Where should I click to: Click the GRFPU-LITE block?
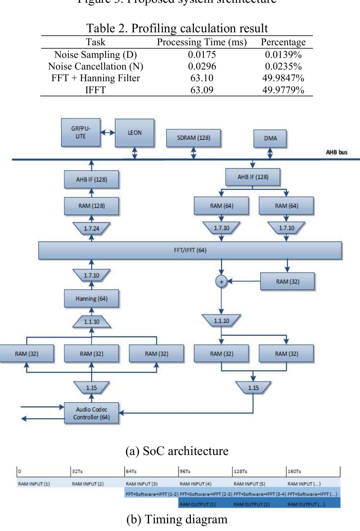[x=81, y=133]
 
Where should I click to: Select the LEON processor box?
[x=134, y=133]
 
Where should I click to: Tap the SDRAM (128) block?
[x=193, y=138]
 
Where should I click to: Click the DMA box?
[x=270, y=138]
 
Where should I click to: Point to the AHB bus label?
[x=337, y=152]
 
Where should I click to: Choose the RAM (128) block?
[x=91, y=206]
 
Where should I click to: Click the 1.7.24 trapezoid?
[x=91, y=228]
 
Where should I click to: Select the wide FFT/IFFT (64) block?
[x=190, y=250]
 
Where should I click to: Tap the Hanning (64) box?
[x=91, y=298]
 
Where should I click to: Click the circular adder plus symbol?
[x=221, y=281]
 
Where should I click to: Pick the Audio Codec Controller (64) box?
[x=91, y=413]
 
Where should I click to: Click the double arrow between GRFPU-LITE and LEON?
[x=108, y=133]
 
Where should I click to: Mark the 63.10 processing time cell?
[x=202, y=78]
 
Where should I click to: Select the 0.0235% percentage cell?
[x=283, y=66]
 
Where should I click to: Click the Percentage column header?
[x=283, y=42]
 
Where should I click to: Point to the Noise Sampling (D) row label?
[x=95, y=55]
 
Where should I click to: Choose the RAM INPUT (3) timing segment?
[x=142, y=484]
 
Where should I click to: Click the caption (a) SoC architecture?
[x=177, y=451]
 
